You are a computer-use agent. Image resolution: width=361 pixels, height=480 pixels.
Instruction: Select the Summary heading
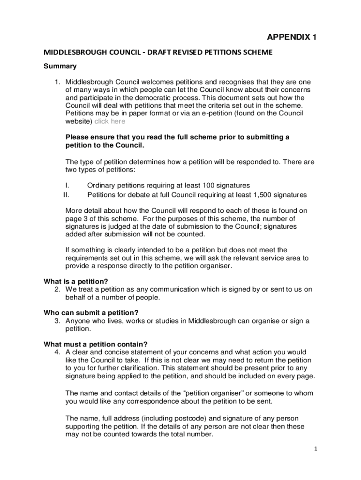click(x=60, y=66)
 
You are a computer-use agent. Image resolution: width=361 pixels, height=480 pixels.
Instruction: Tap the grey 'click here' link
click(x=110, y=121)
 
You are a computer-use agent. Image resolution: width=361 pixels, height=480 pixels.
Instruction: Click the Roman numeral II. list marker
click(x=67, y=194)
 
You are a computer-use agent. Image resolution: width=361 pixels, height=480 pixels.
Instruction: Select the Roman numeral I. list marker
click(x=68, y=185)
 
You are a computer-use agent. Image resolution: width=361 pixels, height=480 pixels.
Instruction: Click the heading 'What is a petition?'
click(x=76, y=281)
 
